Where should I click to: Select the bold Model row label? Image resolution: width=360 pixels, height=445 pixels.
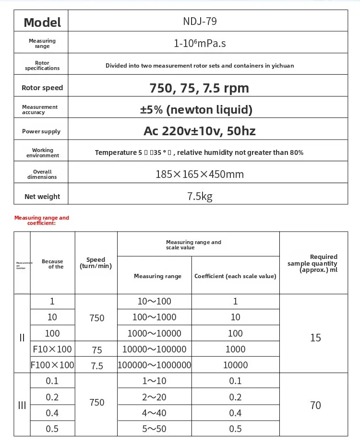click(42, 22)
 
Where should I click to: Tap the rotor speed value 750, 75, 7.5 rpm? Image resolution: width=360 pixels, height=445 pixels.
click(199, 88)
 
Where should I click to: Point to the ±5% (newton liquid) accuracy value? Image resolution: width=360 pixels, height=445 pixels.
click(196, 110)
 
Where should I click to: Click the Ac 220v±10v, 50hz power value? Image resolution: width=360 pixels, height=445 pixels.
click(199, 131)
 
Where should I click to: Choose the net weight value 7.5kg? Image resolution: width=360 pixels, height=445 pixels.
click(200, 196)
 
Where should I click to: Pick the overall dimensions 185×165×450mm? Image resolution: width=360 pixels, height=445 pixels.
click(199, 174)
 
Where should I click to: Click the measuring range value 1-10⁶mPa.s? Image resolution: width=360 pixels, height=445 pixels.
click(200, 44)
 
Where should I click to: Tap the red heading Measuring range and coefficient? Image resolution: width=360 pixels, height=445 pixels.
click(42, 220)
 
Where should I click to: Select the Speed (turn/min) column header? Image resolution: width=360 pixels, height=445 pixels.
click(96, 263)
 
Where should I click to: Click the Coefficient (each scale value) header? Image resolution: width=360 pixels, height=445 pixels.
click(235, 276)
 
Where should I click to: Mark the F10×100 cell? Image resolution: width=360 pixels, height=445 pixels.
click(52, 349)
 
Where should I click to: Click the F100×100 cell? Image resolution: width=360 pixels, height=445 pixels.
click(52, 365)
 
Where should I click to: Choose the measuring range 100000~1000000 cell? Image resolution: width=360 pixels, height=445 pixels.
click(155, 365)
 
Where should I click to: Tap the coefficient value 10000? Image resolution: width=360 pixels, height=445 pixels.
click(235, 365)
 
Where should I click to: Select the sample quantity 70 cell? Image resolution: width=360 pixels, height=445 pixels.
click(315, 405)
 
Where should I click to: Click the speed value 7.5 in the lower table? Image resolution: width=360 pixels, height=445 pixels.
click(97, 365)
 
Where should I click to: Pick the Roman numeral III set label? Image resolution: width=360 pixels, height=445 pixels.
click(22, 405)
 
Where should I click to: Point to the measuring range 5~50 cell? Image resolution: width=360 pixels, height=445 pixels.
click(154, 429)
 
